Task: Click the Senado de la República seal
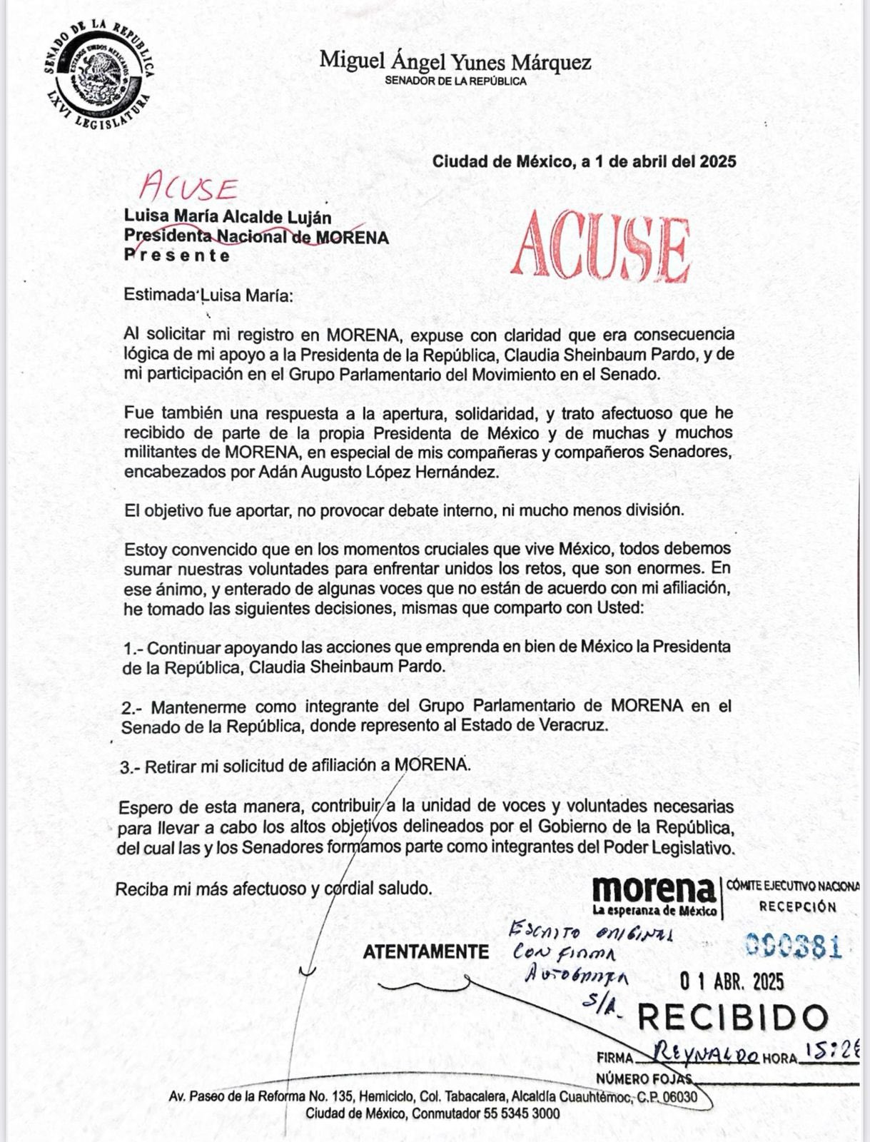[98, 76]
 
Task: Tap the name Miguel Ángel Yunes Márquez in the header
[455, 61]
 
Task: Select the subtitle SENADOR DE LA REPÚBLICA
[455, 81]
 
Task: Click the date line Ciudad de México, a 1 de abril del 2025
[584, 161]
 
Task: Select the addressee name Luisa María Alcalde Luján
[228, 216]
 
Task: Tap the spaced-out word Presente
[177, 256]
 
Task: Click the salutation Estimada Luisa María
[208, 295]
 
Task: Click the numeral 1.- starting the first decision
[133, 648]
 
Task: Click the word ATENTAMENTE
[426, 952]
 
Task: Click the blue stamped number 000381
[794, 946]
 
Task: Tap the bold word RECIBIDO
[732, 1018]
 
